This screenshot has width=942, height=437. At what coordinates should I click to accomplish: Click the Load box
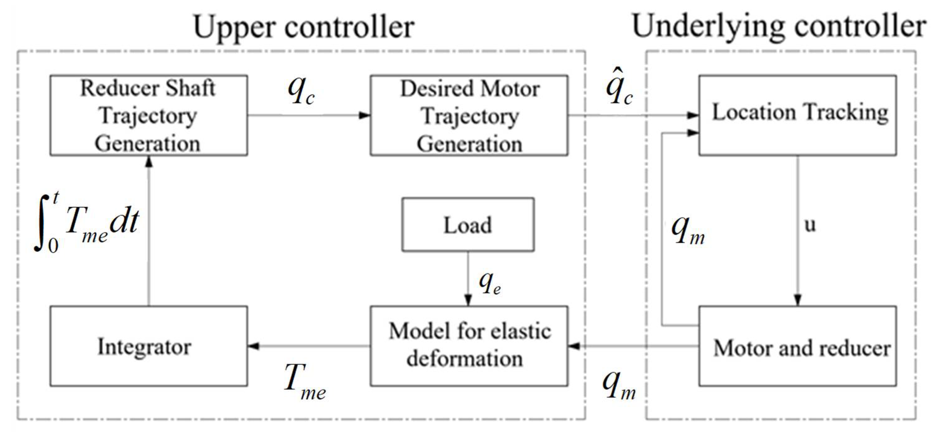[468, 225]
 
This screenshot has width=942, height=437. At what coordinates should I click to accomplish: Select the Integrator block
[149, 346]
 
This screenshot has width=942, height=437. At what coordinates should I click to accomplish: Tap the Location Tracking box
[797, 115]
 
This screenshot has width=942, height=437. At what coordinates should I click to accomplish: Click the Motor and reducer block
[797, 346]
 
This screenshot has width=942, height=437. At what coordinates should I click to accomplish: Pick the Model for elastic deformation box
[469, 346]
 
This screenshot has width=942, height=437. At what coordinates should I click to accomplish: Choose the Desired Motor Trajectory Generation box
[469, 115]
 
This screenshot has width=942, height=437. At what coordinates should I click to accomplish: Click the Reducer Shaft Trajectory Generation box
[149, 115]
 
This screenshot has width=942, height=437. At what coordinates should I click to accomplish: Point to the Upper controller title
[304, 27]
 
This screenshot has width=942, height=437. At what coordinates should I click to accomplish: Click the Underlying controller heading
[779, 27]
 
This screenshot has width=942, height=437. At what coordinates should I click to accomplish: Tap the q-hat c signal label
[619, 88]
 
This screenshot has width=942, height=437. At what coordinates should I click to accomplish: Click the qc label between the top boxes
[301, 91]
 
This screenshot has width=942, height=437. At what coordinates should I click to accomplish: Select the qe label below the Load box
[490, 283]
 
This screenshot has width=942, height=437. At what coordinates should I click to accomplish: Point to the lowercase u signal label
[810, 225]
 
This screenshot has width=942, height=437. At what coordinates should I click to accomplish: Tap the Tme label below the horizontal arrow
[304, 382]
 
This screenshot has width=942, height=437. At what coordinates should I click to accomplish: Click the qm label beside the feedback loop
[688, 230]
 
